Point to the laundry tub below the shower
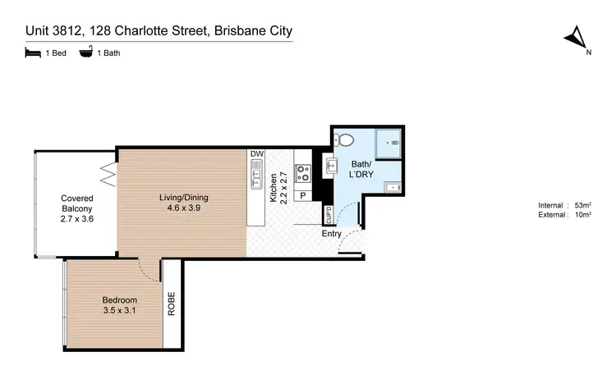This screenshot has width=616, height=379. click(x=392, y=187)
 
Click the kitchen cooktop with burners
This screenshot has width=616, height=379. click(x=303, y=173)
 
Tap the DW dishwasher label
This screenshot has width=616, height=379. click(x=256, y=153)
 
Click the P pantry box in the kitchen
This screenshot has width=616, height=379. click(x=302, y=196)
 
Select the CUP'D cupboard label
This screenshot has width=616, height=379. click(x=329, y=216)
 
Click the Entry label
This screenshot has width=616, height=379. click(x=332, y=233)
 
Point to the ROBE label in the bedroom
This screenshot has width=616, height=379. click(x=172, y=304)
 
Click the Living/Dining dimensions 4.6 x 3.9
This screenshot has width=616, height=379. click(x=183, y=208)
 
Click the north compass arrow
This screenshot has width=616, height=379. click(x=577, y=37)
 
